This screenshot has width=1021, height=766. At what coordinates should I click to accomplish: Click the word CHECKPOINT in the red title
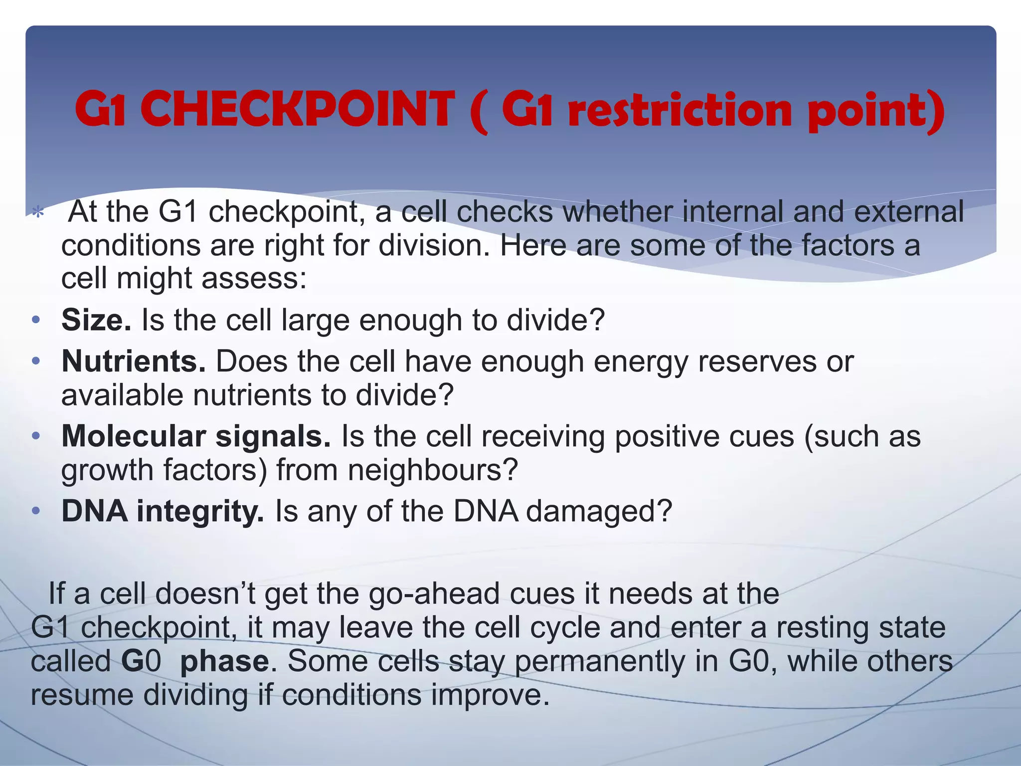coord(298,109)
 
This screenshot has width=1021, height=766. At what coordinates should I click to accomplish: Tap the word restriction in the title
coord(680,111)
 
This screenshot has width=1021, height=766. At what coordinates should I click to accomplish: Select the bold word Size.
coord(96,320)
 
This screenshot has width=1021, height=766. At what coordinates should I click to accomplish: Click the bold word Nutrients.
coord(133,361)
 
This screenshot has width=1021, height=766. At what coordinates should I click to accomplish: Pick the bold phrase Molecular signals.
coord(196,436)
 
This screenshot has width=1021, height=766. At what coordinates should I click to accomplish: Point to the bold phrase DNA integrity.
coord(163,511)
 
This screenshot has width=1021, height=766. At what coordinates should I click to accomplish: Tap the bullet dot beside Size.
coord(35,320)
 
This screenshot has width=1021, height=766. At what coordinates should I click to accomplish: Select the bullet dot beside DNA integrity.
coord(35,512)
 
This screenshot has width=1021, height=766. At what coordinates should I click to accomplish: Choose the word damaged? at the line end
coord(599,511)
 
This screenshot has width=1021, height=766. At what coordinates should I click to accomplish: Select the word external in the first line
coord(909,211)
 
